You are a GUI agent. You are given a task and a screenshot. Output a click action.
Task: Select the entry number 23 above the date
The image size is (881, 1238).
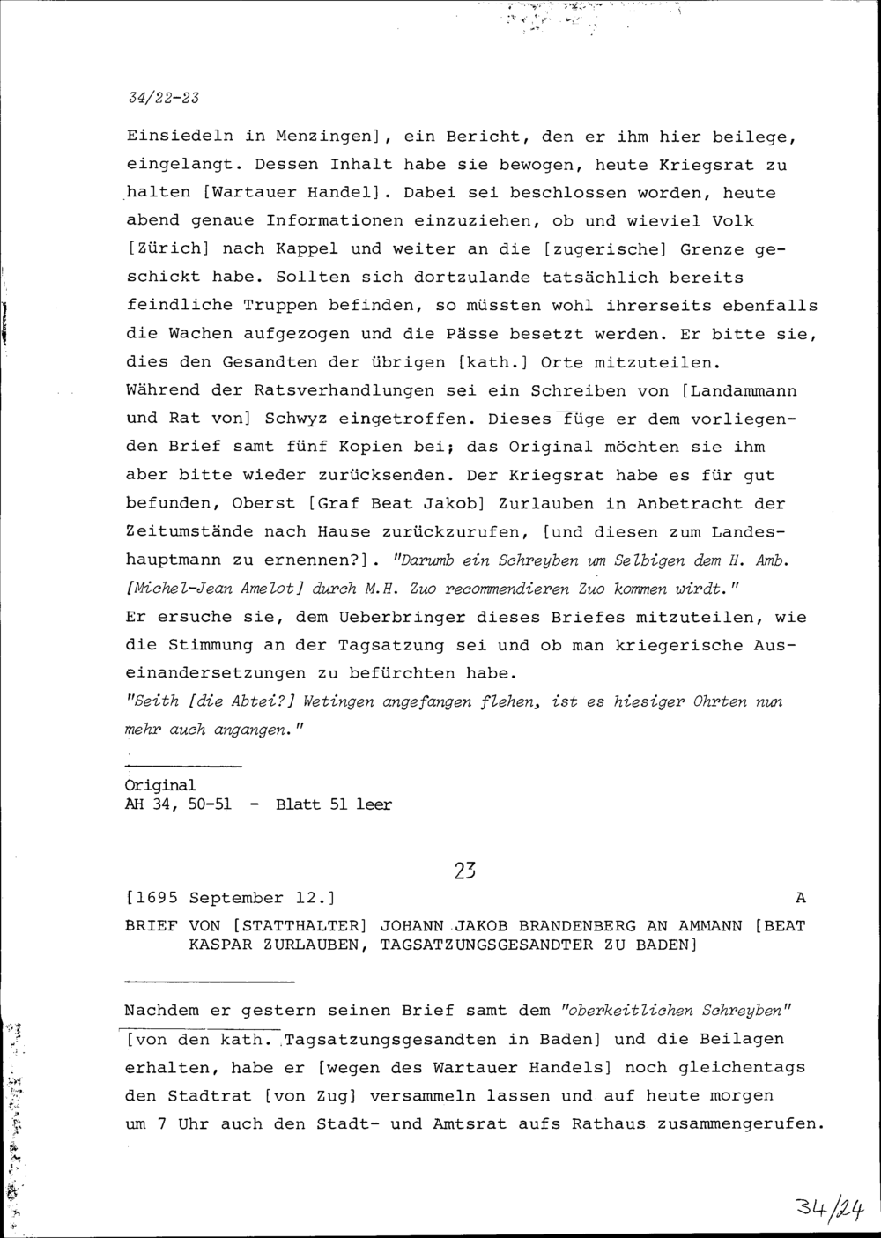(464, 870)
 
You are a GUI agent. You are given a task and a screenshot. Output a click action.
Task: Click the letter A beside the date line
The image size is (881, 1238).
(800, 898)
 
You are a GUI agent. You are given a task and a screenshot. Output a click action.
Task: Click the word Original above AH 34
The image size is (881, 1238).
(160, 784)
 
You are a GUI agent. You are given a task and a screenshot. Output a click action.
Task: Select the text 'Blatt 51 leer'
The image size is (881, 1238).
(333, 804)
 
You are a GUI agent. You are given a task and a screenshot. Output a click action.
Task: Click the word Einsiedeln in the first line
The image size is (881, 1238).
(180, 137)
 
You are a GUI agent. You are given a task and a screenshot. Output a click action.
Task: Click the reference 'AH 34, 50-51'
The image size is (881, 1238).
(180, 804)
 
